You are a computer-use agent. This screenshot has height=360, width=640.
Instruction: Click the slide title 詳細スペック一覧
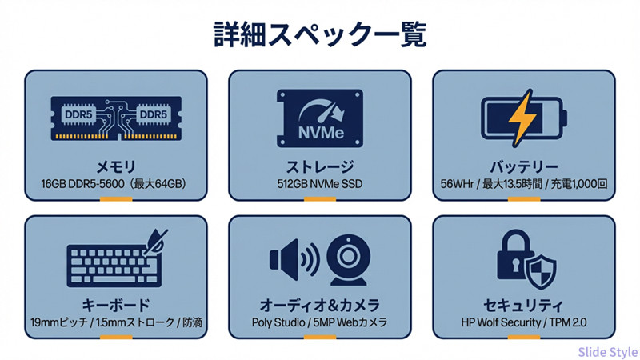pos(320,34)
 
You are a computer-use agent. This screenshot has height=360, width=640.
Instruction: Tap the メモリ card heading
pos(115,167)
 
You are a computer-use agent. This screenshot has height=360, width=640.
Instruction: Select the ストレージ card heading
pos(320,167)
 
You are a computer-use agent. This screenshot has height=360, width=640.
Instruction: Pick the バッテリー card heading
pos(524,167)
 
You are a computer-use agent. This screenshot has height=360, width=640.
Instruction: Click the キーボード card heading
pos(115,306)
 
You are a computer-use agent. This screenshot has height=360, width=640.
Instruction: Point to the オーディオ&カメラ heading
pos(320,306)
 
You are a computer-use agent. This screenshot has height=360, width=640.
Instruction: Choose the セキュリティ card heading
pos(524,306)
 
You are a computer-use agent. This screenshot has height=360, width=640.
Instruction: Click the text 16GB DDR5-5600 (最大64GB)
pos(115,185)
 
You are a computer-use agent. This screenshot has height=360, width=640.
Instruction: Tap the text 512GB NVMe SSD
pos(320,185)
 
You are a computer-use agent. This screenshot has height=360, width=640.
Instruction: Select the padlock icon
pos(511,258)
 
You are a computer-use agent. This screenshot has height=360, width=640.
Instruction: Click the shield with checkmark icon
pos(542,270)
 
